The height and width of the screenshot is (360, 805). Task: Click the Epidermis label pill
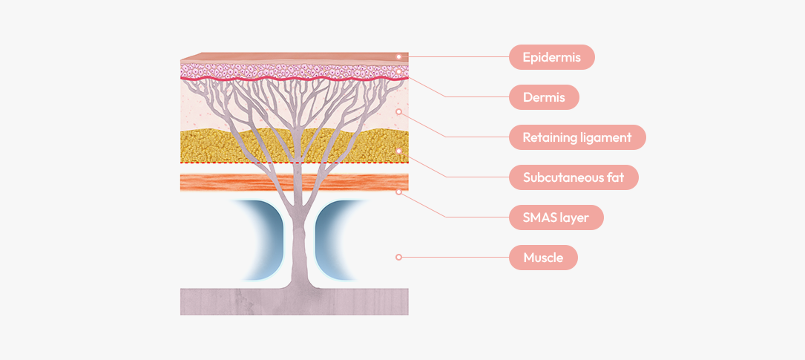[551, 57]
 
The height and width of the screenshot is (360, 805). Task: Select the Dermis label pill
[544, 97]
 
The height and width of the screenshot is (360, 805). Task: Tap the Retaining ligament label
[576, 137]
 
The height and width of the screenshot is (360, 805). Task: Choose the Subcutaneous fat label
[573, 177]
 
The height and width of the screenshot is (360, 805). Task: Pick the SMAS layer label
[556, 217]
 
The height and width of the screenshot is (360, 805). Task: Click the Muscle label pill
[543, 258]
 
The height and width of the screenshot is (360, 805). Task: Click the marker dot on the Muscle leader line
[398, 258]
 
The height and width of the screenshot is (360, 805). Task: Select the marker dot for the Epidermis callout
[398, 56]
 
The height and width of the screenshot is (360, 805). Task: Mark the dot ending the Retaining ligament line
[398, 111]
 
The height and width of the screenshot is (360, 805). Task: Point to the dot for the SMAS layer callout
[398, 192]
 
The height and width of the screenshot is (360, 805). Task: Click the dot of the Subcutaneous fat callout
[398, 151]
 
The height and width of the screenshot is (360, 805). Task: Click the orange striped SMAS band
[223, 182]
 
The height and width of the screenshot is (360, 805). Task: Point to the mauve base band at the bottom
[223, 302]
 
